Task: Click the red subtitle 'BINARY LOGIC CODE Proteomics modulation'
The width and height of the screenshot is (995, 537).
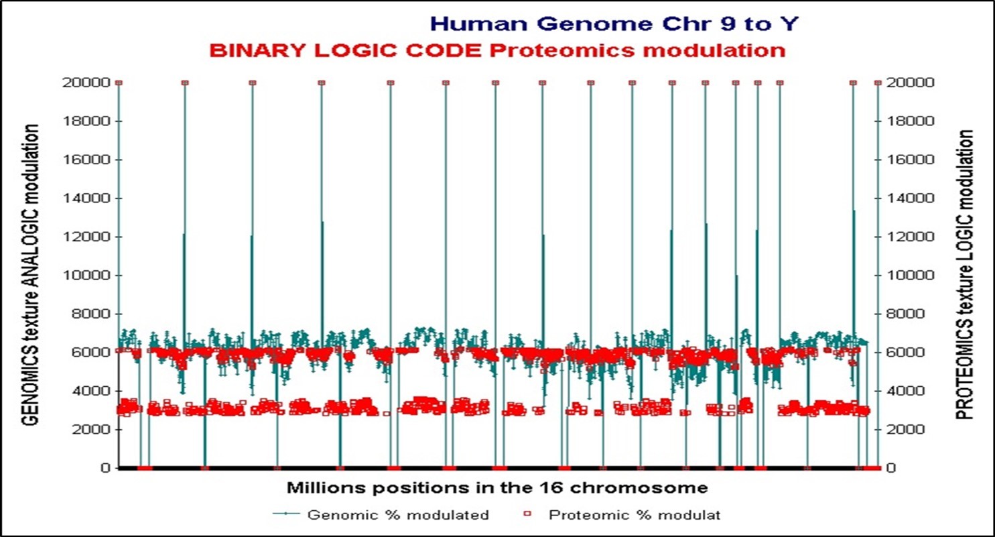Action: click(496, 51)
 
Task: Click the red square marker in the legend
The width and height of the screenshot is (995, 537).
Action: click(527, 515)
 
